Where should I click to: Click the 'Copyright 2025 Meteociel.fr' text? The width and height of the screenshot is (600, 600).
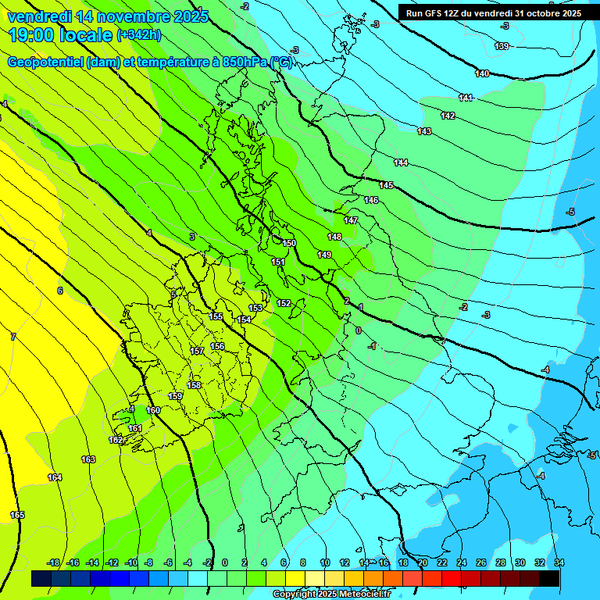(331, 595)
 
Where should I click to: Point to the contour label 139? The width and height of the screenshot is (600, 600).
(502, 47)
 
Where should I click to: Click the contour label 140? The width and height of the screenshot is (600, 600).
(482, 74)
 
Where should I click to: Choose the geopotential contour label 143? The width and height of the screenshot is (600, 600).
(424, 131)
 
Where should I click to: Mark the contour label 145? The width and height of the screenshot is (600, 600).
(386, 185)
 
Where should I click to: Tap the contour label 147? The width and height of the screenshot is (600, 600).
(351, 221)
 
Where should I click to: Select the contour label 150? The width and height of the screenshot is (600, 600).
(289, 244)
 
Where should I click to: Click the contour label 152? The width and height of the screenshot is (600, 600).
(284, 303)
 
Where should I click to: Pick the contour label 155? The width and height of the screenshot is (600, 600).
(216, 316)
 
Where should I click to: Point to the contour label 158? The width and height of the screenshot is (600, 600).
(194, 385)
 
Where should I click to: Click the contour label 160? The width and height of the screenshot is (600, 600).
(153, 410)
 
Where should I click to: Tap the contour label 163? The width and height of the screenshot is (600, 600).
(88, 459)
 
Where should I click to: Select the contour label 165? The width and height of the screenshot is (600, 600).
(17, 515)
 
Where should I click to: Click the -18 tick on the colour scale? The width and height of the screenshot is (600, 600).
(53, 562)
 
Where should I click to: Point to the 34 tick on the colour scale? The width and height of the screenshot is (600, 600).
(559, 562)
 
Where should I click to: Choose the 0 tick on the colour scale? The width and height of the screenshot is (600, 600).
(225, 562)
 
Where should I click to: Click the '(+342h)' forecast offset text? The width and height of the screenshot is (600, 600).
(138, 34)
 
